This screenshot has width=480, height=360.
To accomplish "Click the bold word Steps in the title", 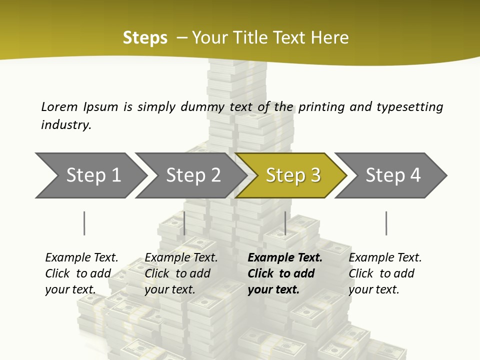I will [145, 37].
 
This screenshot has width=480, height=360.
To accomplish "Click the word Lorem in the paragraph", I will [59, 106].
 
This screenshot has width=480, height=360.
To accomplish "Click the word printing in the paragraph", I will [321, 106].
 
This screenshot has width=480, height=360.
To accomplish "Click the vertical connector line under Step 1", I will [84, 223].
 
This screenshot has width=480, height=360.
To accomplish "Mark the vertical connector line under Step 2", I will [184, 223].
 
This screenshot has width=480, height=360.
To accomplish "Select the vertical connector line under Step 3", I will [285, 223].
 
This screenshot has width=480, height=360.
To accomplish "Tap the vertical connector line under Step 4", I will [386, 223].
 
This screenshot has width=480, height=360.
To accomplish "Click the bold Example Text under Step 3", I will [285, 258].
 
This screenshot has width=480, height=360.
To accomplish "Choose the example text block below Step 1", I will [81, 273].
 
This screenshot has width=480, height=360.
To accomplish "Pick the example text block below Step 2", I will [181, 273].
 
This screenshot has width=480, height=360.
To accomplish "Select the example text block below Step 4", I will [385, 273].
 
